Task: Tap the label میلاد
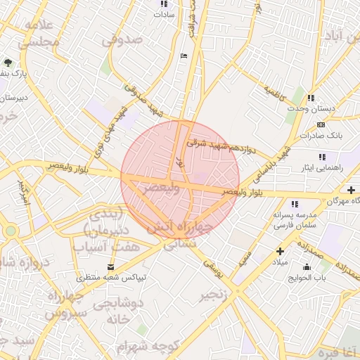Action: [281, 262]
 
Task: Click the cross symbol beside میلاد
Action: [281, 250]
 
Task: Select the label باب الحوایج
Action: [307, 278]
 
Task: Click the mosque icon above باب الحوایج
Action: [307, 267]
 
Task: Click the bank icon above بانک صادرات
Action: [321, 124]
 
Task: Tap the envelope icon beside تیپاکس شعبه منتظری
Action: [111, 266]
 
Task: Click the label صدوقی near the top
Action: [122, 40]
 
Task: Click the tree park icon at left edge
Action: [8, 63]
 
